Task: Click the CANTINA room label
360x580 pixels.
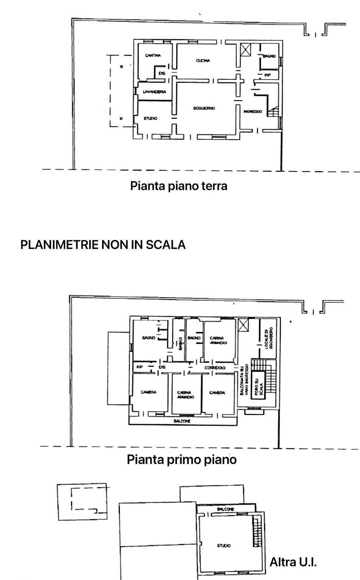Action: click(x=153, y=56)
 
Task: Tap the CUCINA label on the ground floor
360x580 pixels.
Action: click(x=203, y=60)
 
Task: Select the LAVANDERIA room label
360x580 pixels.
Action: click(x=154, y=92)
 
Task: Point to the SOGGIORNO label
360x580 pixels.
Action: click(x=204, y=108)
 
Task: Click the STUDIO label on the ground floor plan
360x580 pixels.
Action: click(x=151, y=119)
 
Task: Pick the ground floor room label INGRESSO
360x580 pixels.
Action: click(x=253, y=111)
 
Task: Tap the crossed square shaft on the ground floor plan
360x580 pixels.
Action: click(x=245, y=50)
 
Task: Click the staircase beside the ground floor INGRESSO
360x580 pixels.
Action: click(x=273, y=112)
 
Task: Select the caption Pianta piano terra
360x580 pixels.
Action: click(x=178, y=186)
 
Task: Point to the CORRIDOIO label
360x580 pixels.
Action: click(x=215, y=368)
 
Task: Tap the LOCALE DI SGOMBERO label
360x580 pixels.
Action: click(x=268, y=338)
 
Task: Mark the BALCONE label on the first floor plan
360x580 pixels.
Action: click(x=182, y=421)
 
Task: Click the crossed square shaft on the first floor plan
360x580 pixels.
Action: click(x=243, y=325)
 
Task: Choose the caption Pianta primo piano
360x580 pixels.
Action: click(x=182, y=459)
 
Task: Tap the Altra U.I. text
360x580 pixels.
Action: click(x=293, y=562)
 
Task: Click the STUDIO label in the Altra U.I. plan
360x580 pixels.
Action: click(x=224, y=546)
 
